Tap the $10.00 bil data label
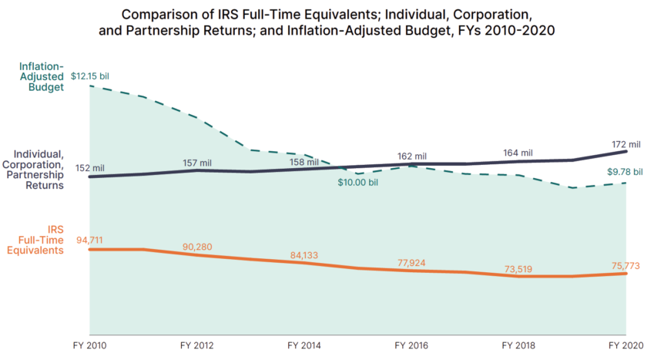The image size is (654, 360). (x=357, y=183)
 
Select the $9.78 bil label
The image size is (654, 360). (x=623, y=171)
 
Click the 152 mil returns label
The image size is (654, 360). (x=90, y=167)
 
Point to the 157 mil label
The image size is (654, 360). (x=196, y=163)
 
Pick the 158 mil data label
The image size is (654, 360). (x=304, y=163)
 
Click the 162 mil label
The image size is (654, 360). (x=411, y=156)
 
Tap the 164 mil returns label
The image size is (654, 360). (x=517, y=153)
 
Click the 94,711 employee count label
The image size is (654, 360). (x=90, y=240)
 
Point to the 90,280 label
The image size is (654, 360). (x=197, y=247)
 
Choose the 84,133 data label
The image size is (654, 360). (x=304, y=255)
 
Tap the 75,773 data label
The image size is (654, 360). (x=625, y=266)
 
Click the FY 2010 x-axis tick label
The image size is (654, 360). (x=90, y=346)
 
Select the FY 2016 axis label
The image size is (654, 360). (x=411, y=346)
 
